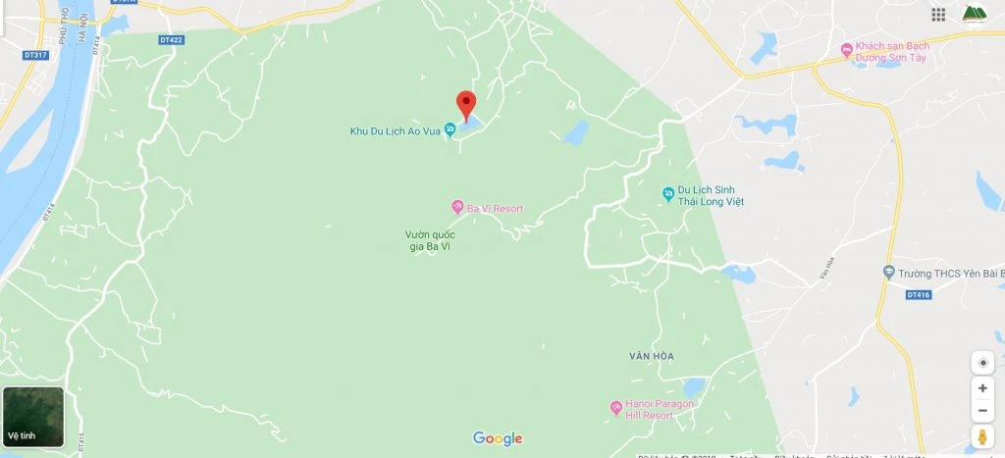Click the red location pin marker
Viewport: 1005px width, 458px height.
tap(466, 103)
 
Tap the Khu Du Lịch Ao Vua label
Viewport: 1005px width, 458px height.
tap(396, 130)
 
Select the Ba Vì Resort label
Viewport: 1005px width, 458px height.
tap(494, 209)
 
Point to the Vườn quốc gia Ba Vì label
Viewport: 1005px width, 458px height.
tap(430, 240)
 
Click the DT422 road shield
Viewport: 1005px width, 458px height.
tap(171, 40)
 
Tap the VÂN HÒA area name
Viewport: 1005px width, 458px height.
tap(653, 355)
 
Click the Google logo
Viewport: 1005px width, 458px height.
tap(498, 438)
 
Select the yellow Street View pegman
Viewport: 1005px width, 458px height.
tap(982, 436)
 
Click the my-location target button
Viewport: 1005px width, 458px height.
tap(982, 363)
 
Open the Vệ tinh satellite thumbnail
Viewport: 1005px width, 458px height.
tap(34, 416)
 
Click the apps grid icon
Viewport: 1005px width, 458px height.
tap(939, 14)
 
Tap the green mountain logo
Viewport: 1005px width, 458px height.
tap(975, 14)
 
